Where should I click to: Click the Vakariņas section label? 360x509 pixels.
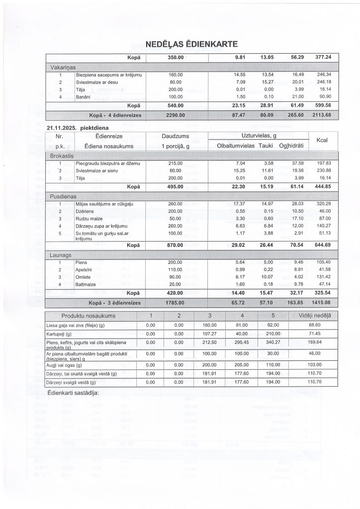(62, 67)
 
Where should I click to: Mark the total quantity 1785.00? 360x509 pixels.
(176, 302)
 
